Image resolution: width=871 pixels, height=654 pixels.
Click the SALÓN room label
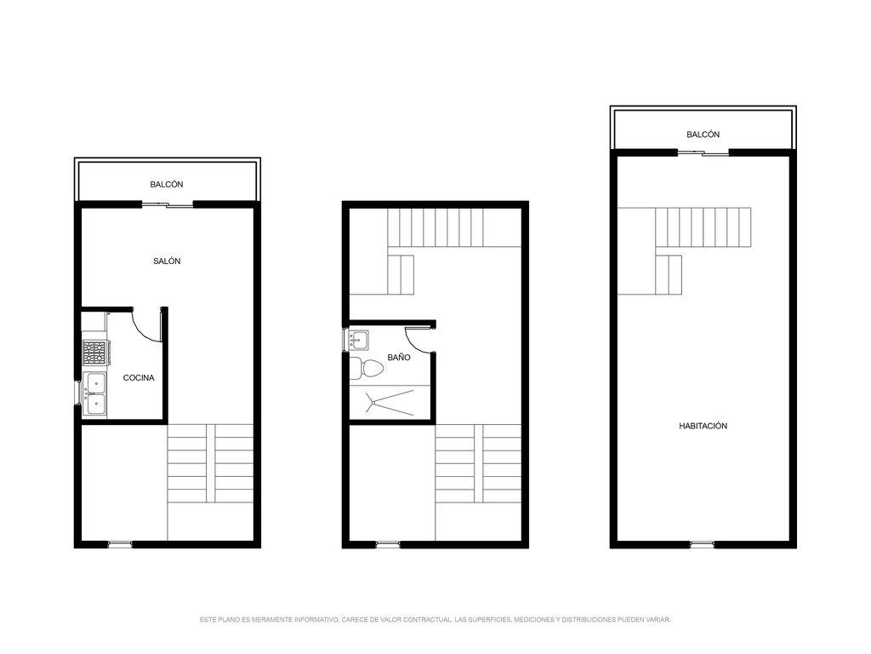click(x=167, y=261)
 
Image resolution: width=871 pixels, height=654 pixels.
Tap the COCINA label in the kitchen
click(x=139, y=377)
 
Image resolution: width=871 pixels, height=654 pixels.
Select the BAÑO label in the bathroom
click(x=399, y=357)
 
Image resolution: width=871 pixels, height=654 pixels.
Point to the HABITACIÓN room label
click(x=703, y=426)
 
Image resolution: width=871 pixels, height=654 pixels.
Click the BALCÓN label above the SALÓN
click(x=167, y=184)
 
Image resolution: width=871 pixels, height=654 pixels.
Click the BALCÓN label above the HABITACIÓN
click(x=703, y=134)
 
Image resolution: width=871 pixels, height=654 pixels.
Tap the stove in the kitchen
click(x=94, y=353)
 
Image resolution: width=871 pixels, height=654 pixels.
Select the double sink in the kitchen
click(x=94, y=394)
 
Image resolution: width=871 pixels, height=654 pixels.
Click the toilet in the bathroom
click(x=366, y=368)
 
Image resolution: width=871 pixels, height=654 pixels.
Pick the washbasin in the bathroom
click(x=358, y=340)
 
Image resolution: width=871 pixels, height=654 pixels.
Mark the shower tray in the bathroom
click(x=390, y=402)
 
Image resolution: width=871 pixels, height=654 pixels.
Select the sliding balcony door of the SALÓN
click(x=168, y=205)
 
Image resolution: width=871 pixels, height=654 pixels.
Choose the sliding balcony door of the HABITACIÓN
click(x=703, y=153)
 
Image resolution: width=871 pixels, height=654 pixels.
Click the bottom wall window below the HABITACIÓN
click(x=702, y=544)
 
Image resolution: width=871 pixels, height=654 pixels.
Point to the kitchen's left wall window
click(x=77, y=393)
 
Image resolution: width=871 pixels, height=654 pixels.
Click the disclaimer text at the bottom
click(x=435, y=620)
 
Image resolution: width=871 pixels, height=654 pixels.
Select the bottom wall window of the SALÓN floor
click(x=119, y=544)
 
